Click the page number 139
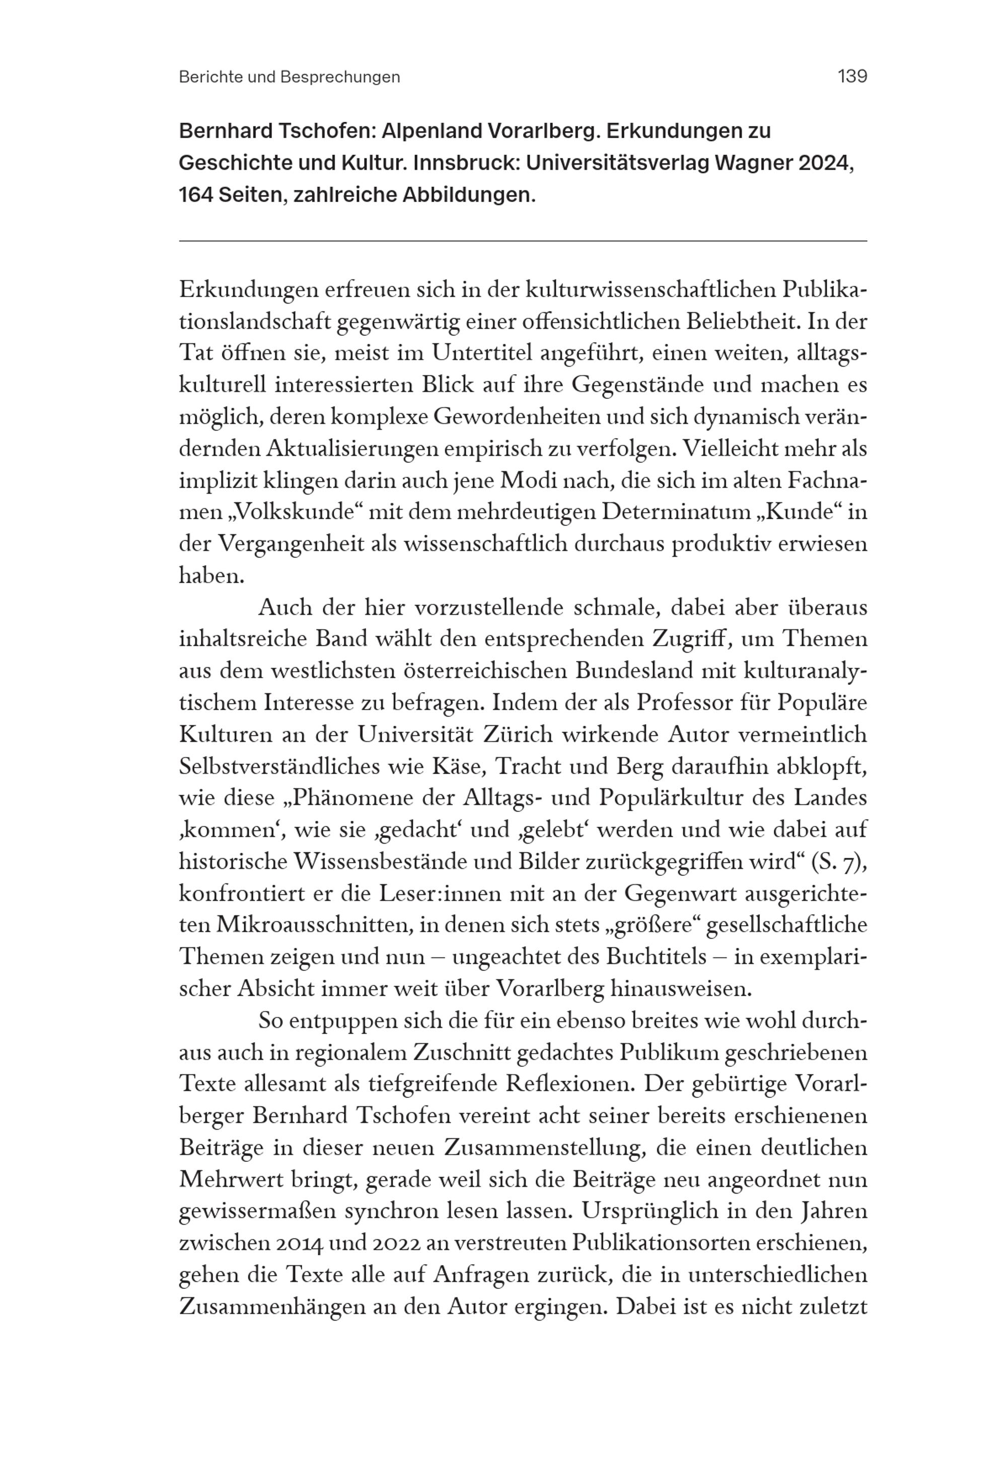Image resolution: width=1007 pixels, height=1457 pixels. tap(852, 77)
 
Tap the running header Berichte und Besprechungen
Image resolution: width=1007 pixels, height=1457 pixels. tap(289, 77)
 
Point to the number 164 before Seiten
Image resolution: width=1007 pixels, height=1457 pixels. tap(195, 195)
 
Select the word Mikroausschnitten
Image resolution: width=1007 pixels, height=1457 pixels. tap(311, 925)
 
